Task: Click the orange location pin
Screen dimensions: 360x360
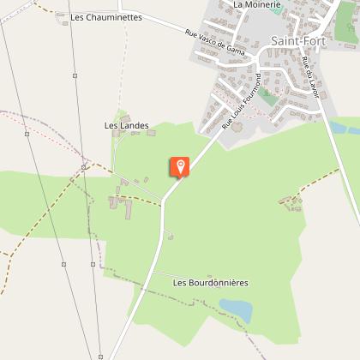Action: tap(180, 166)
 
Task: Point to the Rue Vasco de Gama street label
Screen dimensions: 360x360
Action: tap(215, 45)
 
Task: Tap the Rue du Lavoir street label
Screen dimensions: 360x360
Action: tap(309, 77)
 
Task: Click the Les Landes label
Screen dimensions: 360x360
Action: tap(126, 126)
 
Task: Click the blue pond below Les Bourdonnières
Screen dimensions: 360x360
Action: tap(235, 309)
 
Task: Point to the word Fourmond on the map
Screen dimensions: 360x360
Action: tap(249, 93)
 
